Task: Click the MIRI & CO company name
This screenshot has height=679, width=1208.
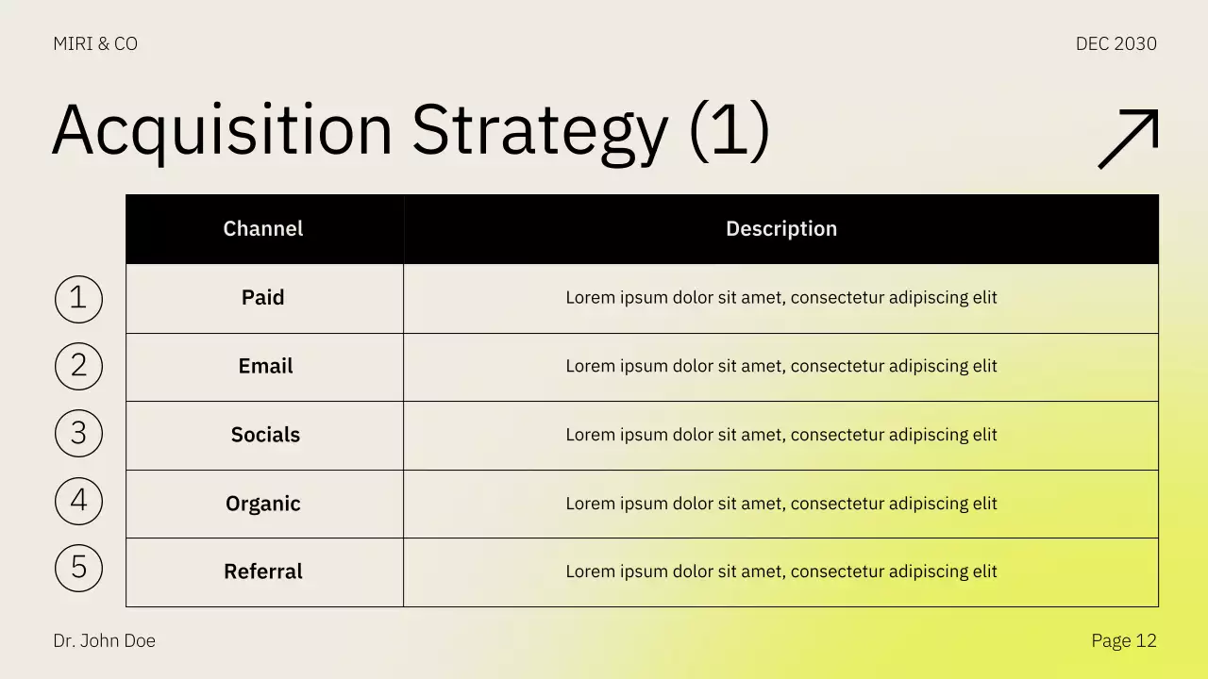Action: tap(95, 43)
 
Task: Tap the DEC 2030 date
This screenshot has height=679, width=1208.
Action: tap(1116, 43)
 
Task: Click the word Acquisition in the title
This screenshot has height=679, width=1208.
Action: tap(222, 130)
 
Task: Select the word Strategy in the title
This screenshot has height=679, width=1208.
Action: tap(540, 130)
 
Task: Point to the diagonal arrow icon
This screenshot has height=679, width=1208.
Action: tap(1128, 139)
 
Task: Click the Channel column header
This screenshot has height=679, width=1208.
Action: tap(263, 229)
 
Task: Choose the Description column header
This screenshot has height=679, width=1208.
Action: tap(780, 229)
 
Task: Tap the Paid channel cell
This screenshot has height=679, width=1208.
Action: tap(263, 298)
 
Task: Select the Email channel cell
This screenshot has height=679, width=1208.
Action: tap(265, 366)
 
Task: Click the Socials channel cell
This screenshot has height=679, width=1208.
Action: tap(265, 435)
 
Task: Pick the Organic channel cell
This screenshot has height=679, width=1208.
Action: tap(263, 504)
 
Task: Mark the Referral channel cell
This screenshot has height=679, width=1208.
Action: tap(263, 571)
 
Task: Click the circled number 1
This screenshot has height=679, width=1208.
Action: tap(78, 299)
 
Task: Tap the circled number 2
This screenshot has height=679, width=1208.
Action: tap(78, 366)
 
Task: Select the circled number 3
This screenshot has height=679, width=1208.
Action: tap(78, 433)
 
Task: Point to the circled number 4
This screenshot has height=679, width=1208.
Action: tap(78, 501)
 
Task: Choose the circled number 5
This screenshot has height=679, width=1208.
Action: tap(78, 568)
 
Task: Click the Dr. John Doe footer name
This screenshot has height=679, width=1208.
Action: tap(104, 641)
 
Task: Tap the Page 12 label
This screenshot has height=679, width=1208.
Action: tap(1123, 641)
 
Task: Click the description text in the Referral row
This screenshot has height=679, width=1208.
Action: tap(780, 571)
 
